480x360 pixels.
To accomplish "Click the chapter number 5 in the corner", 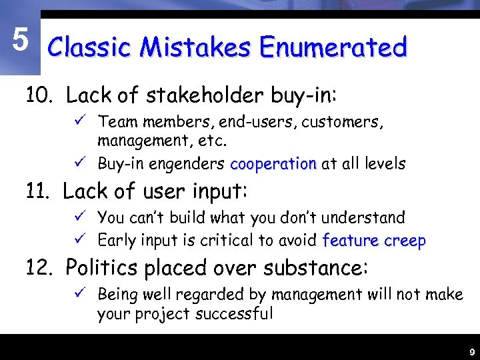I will (20, 41).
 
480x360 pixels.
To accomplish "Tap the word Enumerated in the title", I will (333, 47).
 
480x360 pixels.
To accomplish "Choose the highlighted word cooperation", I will (273, 163).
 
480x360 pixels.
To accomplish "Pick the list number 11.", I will (39, 192).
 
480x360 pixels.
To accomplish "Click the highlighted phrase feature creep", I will (373, 240).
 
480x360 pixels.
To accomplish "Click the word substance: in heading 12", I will (315, 267).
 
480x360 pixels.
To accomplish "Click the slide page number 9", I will (471, 351).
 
